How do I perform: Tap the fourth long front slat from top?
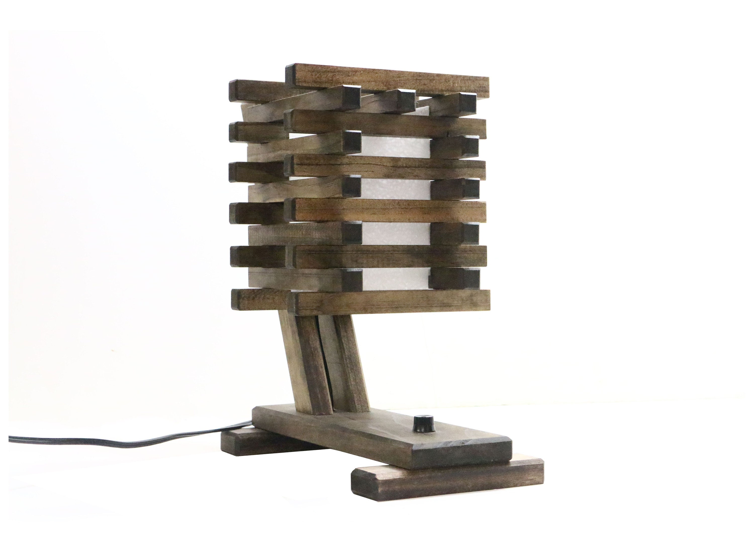[388, 210]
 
